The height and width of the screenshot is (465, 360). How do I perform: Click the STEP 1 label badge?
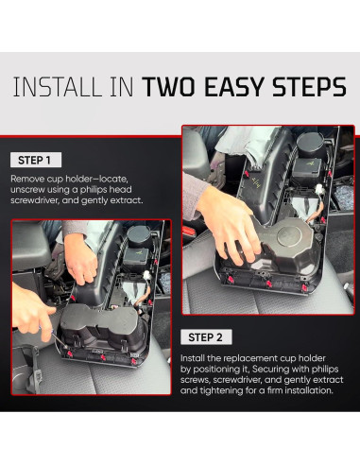[34, 160]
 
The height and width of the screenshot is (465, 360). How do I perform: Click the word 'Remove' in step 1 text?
[29, 178]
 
